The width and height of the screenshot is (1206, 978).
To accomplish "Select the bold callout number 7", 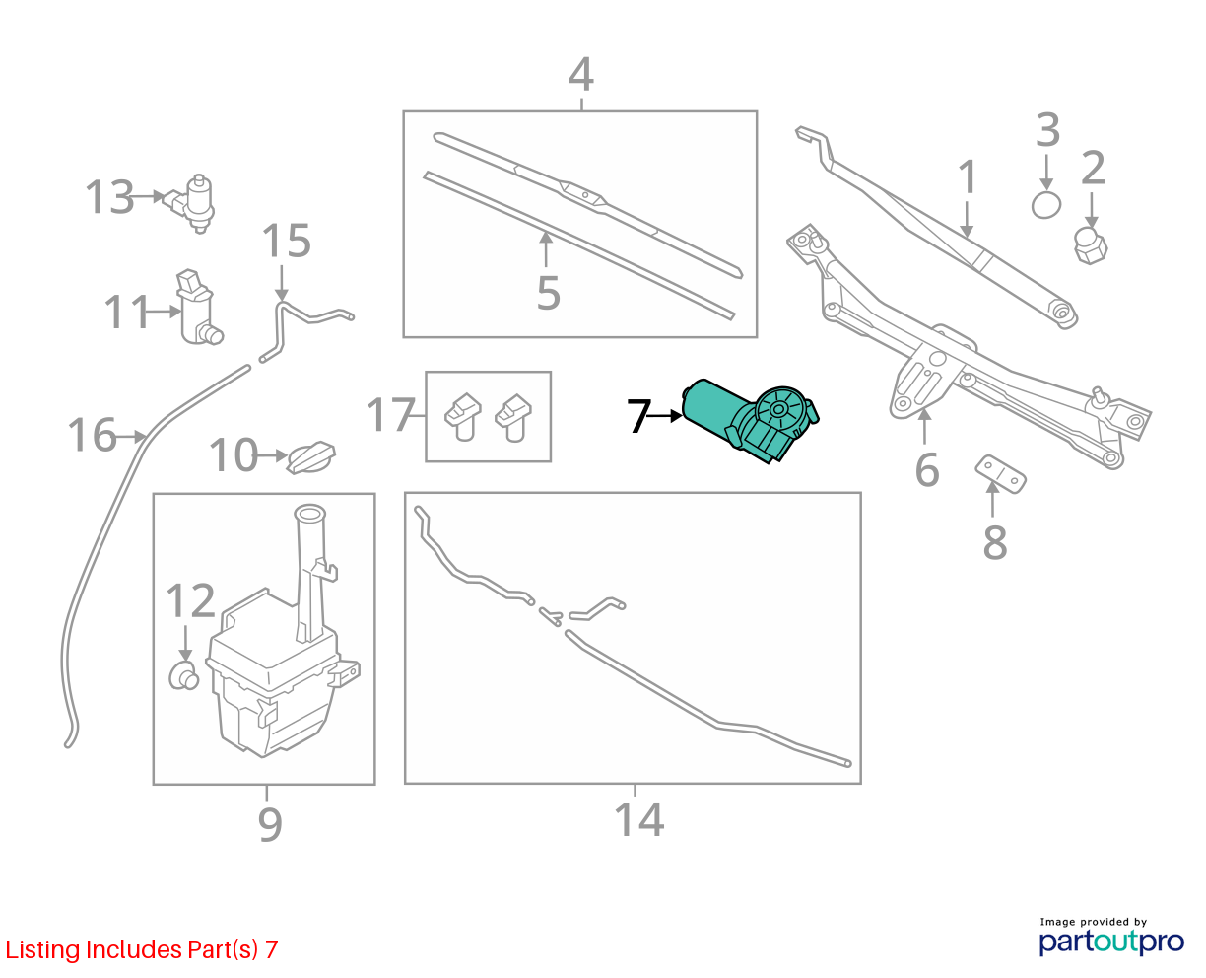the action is click(x=639, y=415).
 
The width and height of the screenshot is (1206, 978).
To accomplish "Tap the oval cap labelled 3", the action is click(x=1045, y=204).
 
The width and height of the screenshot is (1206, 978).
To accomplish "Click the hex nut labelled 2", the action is click(x=1090, y=245).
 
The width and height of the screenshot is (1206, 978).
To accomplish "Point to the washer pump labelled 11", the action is click(x=198, y=308).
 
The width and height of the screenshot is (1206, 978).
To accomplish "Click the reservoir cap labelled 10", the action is click(x=310, y=457).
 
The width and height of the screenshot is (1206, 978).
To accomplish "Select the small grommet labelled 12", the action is click(x=184, y=674).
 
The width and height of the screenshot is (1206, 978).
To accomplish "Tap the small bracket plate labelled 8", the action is click(x=1000, y=473).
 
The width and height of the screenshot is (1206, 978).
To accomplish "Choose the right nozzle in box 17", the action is click(x=513, y=418).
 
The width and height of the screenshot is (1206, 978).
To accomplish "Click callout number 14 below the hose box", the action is click(x=638, y=819).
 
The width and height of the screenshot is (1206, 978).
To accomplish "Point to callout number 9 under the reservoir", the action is click(x=270, y=824).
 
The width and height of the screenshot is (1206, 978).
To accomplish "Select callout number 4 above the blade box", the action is click(x=581, y=74).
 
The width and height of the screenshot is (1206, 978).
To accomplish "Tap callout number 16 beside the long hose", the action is click(x=92, y=435).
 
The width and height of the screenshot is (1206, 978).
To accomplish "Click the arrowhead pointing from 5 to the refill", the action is click(x=545, y=238).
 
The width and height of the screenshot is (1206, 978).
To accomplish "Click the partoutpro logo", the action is click(x=1110, y=942).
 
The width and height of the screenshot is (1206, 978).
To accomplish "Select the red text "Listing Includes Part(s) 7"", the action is click(x=142, y=949).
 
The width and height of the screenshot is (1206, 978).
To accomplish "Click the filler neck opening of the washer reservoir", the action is click(x=310, y=514).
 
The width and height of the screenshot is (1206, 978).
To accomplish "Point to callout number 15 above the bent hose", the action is click(x=287, y=241).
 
